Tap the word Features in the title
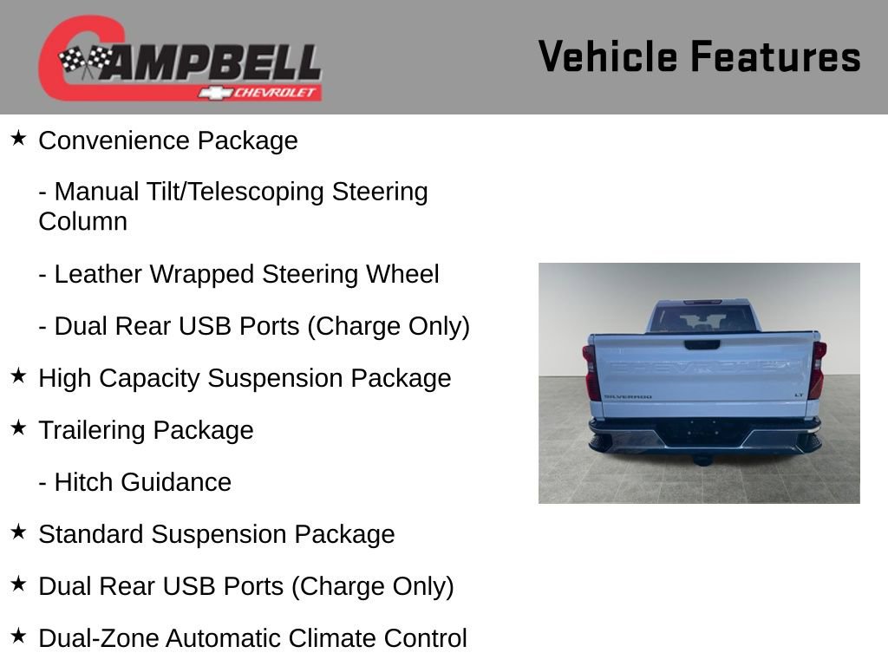[775, 57]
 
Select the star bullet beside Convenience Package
[18, 139]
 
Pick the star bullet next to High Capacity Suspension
[18, 376]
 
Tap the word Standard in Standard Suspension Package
[91, 534]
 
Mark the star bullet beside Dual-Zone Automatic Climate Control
[18, 637]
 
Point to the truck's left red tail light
[591, 372]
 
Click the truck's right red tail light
[817, 369]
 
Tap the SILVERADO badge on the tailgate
[628, 395]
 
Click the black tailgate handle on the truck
[702, 344]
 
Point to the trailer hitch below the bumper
[702, 458]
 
